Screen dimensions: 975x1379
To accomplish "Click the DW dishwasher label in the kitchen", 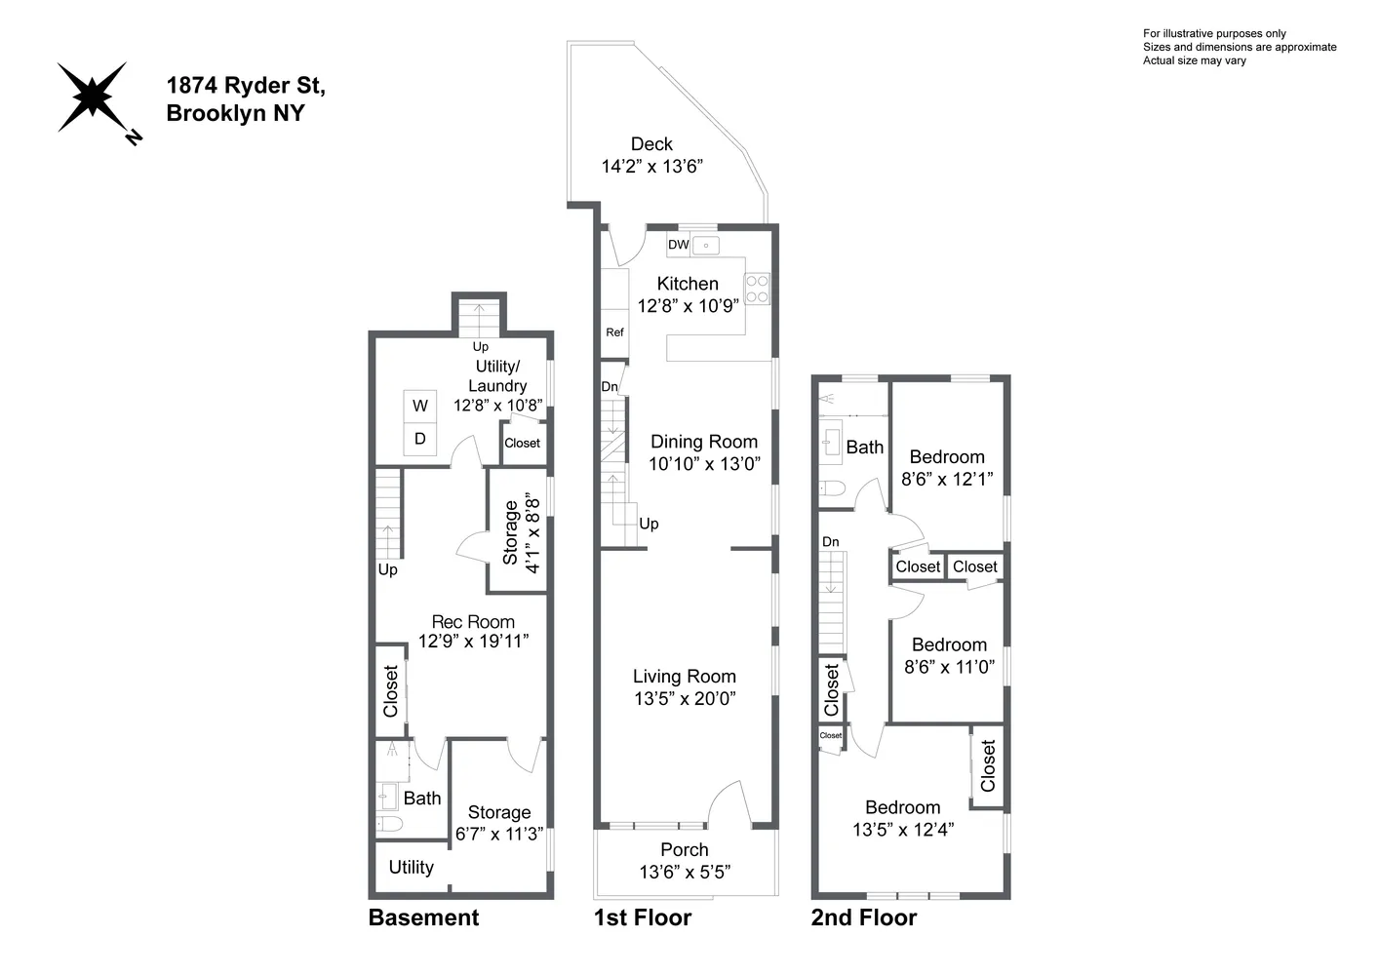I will click(679, 245).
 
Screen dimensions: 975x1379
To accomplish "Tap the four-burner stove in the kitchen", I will click(757, 289).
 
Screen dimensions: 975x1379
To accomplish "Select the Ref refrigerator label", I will click(614, 332).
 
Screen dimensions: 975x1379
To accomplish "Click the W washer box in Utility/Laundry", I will click(420, 406).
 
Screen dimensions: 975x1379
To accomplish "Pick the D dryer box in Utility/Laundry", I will click(420, 439).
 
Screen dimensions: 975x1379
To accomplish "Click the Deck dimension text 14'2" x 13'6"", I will click(652, 167).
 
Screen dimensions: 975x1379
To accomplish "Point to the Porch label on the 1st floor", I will click(685, 849).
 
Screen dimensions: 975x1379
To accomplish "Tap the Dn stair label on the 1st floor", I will click(610, 387).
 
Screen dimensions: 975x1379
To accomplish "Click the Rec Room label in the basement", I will click(473, 622).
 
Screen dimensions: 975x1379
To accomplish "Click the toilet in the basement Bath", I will click(390, 825).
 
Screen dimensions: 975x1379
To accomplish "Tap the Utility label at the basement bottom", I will click(411, 867).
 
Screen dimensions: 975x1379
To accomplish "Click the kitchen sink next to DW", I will click(706, 246).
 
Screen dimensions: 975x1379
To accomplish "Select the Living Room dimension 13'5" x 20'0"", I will click(685, 698).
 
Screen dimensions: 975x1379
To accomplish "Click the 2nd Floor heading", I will click(864, 918).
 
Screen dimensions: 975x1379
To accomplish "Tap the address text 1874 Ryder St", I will click(246, 86).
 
